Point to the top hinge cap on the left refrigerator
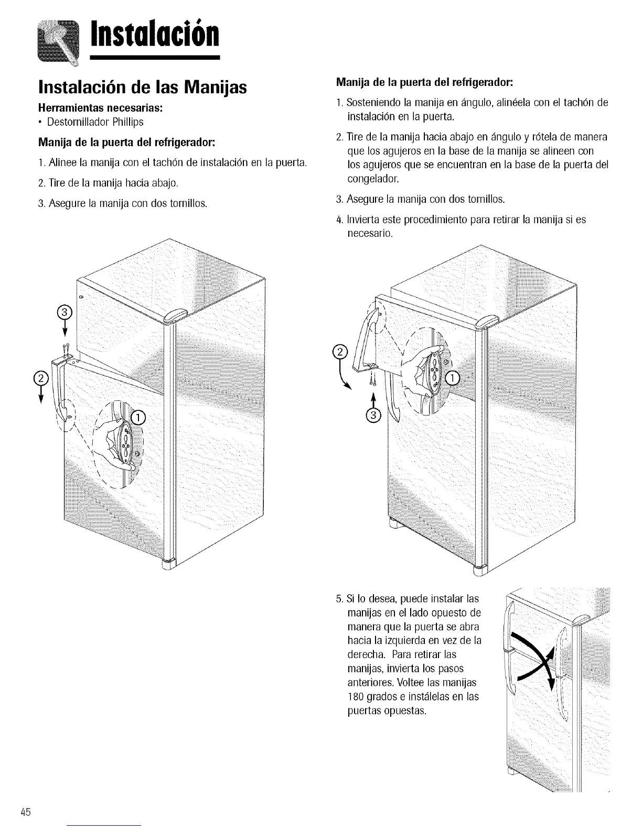tap(176, 317)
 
